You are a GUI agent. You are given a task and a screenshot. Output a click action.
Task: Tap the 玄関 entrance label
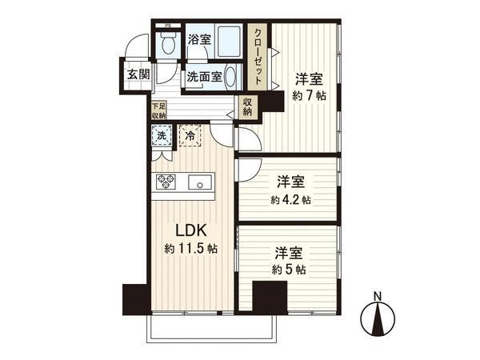138,74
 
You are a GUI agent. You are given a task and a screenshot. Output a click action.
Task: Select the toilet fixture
168,46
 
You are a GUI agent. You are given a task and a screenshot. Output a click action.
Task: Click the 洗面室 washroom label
203,78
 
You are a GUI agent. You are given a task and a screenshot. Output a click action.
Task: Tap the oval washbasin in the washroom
230,78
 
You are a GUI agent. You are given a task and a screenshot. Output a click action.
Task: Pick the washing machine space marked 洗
162,137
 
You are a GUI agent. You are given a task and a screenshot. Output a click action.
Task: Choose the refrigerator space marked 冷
190,136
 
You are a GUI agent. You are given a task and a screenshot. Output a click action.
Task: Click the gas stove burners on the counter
166,182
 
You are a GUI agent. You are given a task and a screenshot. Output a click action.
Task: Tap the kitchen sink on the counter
198,182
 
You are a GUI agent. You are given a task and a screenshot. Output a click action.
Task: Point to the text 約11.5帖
190,248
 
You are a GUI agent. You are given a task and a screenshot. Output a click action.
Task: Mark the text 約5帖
289,270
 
